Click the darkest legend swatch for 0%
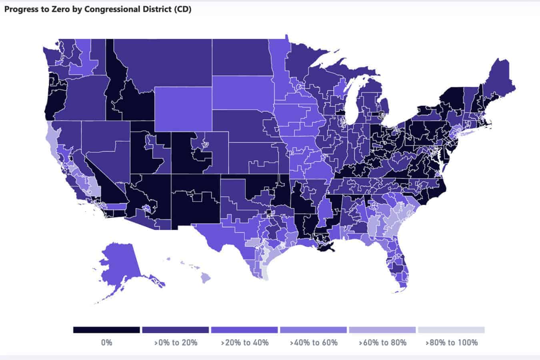[x=106, y=330]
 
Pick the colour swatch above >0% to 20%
[x=176, y=330]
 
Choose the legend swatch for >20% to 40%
[x=244, y=330]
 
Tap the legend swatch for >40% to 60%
[x=313, y=330]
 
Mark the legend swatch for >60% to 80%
[x=382, y=330]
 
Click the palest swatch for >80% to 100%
[x=451, y=330]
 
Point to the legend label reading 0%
[x=106, y=342]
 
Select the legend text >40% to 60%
[x=314, y=342]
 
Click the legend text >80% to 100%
[x=451, y=342]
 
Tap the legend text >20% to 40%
[x=245, y=342]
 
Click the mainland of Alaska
[x=120, y=264]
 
